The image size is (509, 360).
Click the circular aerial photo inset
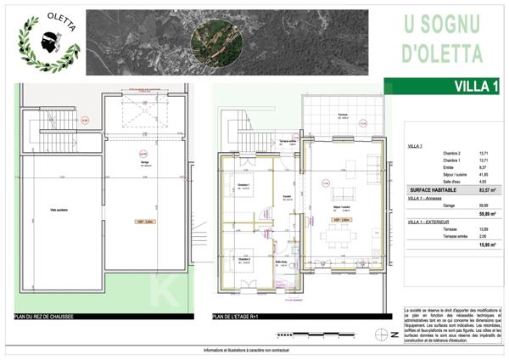click(216, 40)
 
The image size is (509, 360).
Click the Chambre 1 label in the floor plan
click(243, 186)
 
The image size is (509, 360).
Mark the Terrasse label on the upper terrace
click(343, 115)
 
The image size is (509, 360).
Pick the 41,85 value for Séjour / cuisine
click(484, 173)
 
